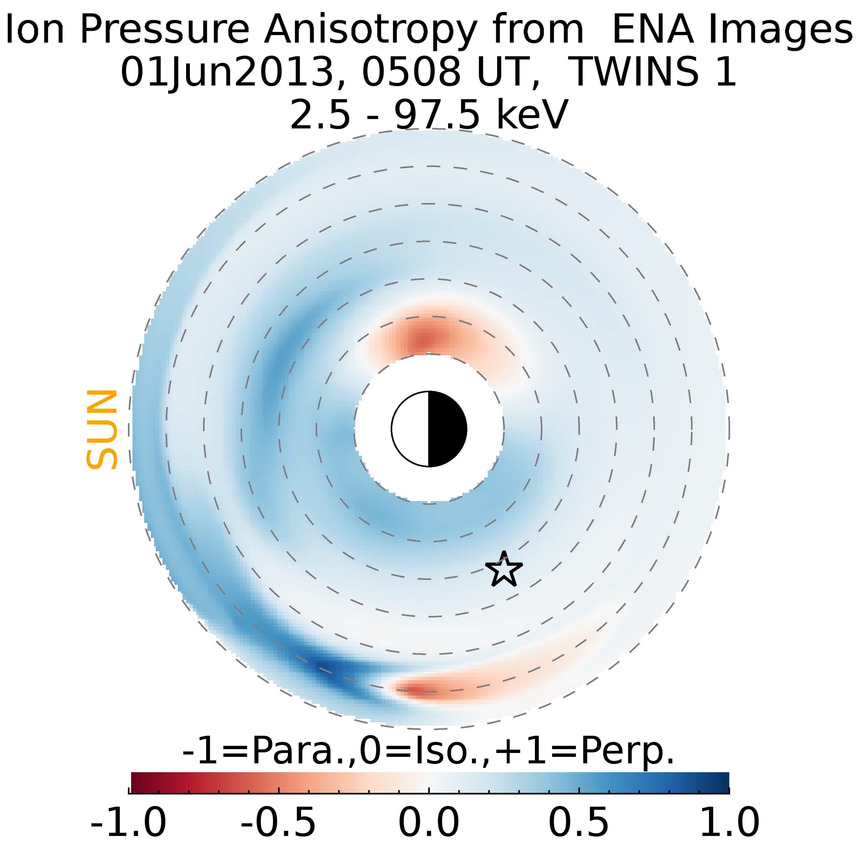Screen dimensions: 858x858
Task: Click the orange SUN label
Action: (x=102, y=430)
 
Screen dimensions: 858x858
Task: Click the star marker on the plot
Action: (x=504, y=570)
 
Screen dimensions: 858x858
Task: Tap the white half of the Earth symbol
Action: (x=410, y=429)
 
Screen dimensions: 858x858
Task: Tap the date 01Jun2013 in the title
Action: (x=227, y=72)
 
